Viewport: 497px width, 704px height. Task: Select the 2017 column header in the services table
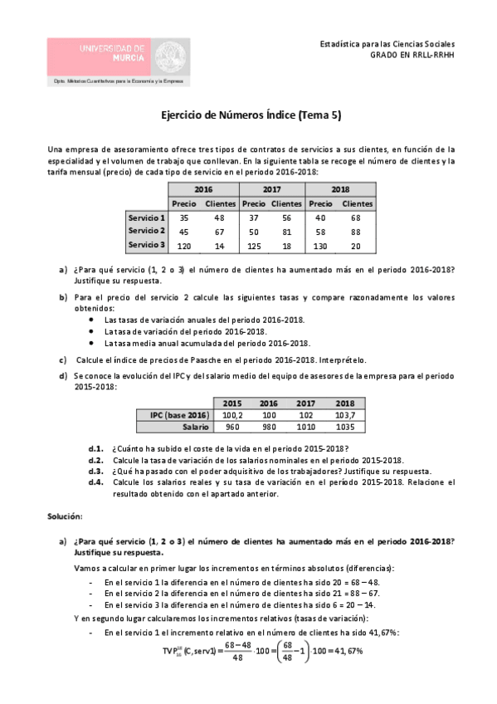(271, 189)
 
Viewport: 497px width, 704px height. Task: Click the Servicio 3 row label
(146, 245)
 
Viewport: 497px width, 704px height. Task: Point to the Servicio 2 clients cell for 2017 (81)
(286, 231)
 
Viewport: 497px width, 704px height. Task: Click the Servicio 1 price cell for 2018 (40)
(321, 217)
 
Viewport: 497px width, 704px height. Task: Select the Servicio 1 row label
(146, 217)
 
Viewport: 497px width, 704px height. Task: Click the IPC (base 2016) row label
(179, 414)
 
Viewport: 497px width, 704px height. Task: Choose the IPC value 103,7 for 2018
(345, 414)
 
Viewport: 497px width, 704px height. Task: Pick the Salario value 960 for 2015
(232, 427)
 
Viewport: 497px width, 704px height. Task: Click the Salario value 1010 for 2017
(306, 427)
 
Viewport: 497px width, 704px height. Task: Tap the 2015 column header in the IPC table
(232, 403)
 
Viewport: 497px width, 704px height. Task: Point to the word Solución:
(66, 516)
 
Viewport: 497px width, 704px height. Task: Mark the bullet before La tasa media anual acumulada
(90, 343)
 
